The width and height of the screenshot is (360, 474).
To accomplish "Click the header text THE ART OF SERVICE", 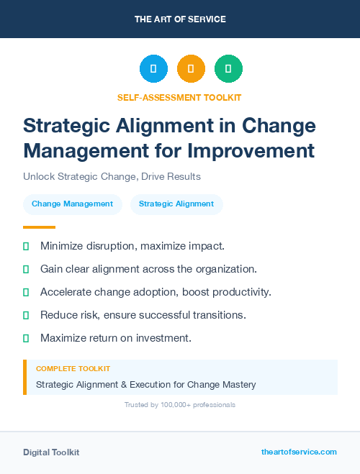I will [x=180, y=19].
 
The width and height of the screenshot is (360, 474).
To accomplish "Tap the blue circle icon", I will [x=153, y=68].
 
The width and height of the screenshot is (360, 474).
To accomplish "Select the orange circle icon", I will [x=191, y=68].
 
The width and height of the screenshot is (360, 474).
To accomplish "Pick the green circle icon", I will [x=228, y=68].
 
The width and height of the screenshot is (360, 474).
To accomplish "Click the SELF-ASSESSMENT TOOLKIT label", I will [x=180, y=97].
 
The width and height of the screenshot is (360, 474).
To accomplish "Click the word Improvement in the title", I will [x=260, y=151].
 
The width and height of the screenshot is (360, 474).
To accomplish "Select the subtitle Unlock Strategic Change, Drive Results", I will [x=112, y=176].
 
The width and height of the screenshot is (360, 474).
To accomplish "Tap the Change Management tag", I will [x=72, y=204].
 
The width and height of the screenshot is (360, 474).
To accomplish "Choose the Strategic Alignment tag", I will [x=176, y=204].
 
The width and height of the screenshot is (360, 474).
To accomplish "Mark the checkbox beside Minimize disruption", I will [x=26, y=246].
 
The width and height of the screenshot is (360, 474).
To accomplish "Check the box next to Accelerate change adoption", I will [x=26, y=292].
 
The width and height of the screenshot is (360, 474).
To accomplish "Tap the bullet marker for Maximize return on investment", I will [x=26, y=338].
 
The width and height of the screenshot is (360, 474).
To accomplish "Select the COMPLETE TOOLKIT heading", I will [x=73, y=368].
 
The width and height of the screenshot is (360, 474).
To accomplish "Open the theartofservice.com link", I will [x=299, y=452].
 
